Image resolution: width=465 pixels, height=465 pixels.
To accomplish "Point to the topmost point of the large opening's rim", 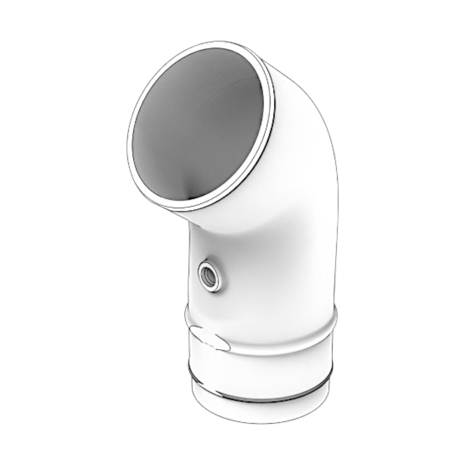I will pos(222,42).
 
